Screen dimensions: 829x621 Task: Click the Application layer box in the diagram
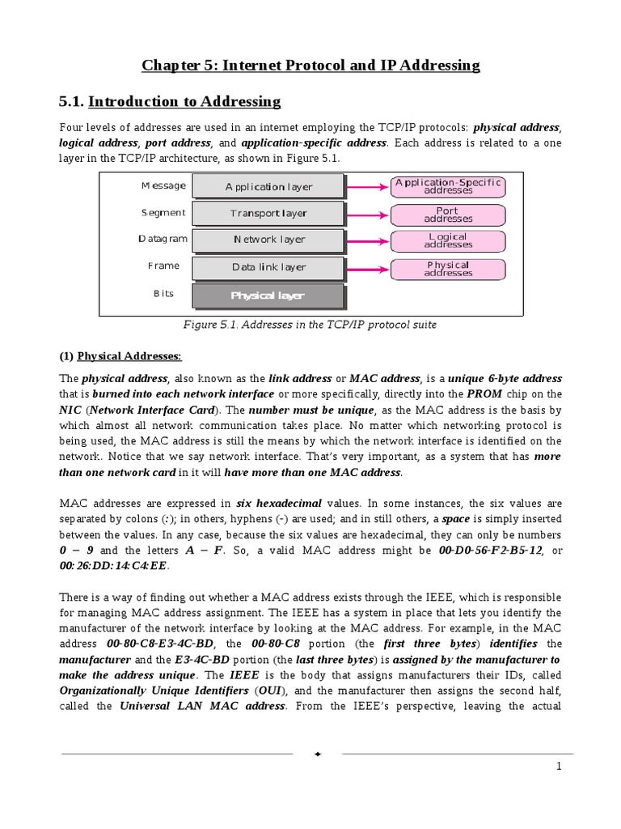268,187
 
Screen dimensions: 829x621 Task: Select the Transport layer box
268,214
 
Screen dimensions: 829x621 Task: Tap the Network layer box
268,240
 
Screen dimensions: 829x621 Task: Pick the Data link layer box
268,266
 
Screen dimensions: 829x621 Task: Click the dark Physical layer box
268,295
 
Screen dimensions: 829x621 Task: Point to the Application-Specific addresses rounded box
448,186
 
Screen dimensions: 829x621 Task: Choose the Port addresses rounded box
448,214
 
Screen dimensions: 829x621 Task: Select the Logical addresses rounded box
448,240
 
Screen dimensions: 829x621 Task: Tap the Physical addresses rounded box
448,269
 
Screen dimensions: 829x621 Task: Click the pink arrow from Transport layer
368,214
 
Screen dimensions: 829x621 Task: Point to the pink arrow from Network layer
368,240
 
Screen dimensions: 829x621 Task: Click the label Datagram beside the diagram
163,239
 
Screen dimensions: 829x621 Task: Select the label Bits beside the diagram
163,293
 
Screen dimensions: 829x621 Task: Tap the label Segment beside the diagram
163,213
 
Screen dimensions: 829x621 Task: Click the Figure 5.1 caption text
310,325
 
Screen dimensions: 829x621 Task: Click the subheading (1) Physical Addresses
121,356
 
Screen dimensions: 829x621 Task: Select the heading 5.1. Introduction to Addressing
170,101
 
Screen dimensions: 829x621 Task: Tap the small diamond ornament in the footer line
318,754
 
